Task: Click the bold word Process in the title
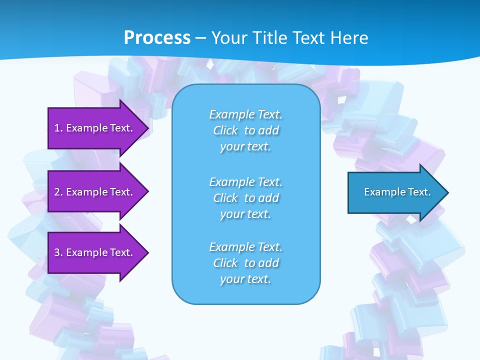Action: tap(157, 37)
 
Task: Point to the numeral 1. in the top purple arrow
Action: tap(58, 128)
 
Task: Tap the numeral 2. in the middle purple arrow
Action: tap(58, 192)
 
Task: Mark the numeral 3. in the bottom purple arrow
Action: tap(58, 252)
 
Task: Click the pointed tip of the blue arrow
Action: tap(446, 192)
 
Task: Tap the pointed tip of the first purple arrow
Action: tap(147, 128)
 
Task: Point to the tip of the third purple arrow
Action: tap(147, 252)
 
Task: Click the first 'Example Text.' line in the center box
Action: tap(245, 114)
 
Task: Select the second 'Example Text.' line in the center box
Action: tap(245, 182)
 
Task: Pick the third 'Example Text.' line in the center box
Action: tap(245, 247)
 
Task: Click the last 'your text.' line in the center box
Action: tap(245, 279)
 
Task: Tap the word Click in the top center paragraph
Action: tap(225, 130)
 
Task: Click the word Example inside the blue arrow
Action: tap(380, 192)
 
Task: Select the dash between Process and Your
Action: tap(200, 38)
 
